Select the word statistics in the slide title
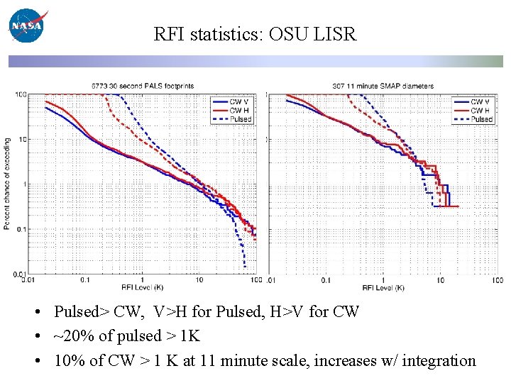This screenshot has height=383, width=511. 226,33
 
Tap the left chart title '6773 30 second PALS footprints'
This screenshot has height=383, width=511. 142,86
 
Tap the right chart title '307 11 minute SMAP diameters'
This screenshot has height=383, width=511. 383,86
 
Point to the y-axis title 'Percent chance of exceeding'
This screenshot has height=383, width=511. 7,183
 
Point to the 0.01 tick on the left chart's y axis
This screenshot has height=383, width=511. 21,274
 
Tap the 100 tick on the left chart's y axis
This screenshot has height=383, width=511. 22,94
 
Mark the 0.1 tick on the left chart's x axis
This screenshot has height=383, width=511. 85,280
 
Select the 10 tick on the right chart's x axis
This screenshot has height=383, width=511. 440,280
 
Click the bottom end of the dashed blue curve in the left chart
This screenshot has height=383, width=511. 245,267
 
